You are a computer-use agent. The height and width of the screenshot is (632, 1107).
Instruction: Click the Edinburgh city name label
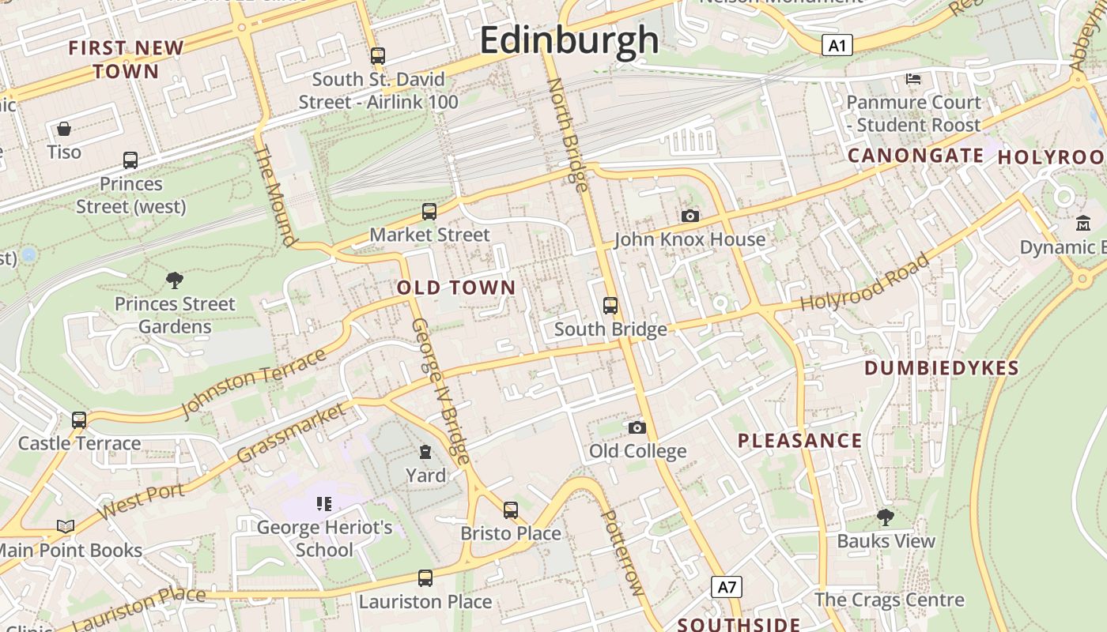coord(569,40)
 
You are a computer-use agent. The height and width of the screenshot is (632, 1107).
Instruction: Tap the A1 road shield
coord(837,46)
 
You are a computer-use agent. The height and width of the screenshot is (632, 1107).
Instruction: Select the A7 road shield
coord(727,587)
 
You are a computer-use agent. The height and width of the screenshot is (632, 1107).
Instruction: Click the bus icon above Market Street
coord(429,212)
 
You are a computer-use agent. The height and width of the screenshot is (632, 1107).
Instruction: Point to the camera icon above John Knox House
coord(690,216)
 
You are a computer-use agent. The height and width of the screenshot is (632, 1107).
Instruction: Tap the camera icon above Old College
coord(637,428)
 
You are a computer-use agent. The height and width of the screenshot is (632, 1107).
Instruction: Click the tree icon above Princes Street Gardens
coord(175,280)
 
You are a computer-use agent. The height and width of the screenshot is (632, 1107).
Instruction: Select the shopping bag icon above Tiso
coord(64,129)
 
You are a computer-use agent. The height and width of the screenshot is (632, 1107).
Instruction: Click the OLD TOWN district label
coord(456,288)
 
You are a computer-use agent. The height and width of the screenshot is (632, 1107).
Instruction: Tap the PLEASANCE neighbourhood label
coord(799,441)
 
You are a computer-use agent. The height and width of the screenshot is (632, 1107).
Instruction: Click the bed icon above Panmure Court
coord(913,78)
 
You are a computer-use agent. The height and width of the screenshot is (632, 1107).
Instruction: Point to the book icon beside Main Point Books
coord(66,527)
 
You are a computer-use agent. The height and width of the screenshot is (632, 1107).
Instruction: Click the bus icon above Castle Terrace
coord(79,419)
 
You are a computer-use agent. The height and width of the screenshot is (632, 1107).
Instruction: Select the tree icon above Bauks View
coord(886,517)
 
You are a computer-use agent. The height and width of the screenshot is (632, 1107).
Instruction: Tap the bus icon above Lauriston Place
coord(425,578)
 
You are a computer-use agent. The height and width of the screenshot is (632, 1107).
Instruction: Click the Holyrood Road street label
coord(864,282)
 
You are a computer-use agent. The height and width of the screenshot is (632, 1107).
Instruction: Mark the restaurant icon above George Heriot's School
coord(323,503)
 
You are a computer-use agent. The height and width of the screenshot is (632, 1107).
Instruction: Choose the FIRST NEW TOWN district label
coord(126,59)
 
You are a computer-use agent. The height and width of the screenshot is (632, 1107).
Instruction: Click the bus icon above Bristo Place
coord(511,510)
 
